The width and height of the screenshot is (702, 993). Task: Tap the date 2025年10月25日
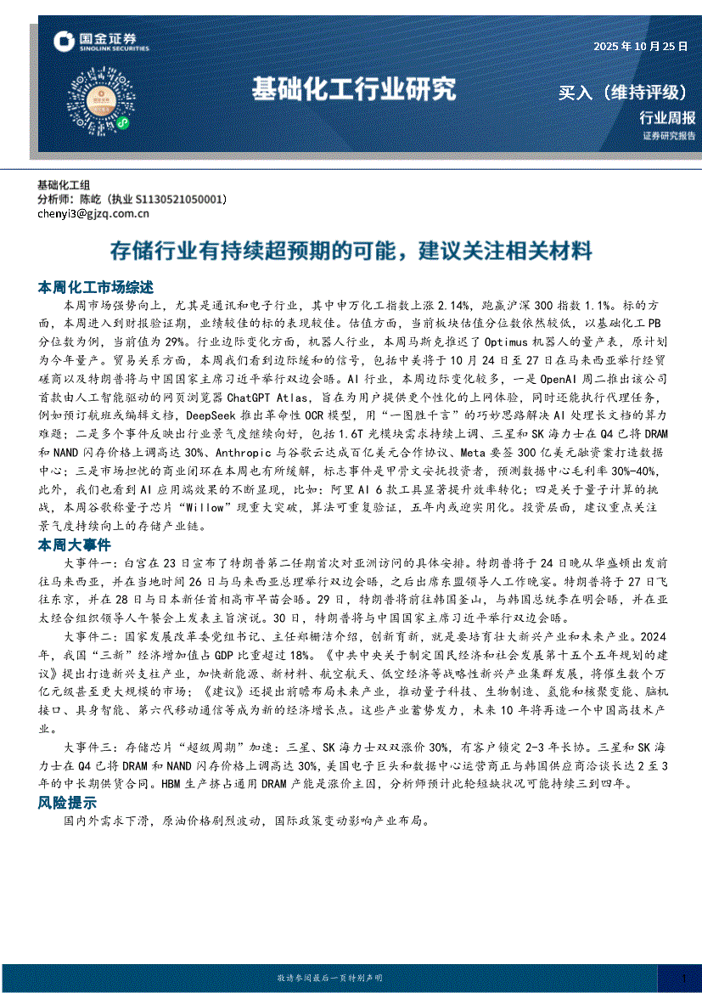coord(640,46)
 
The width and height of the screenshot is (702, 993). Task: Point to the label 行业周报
coord(667,118)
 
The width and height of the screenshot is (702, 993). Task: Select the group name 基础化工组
coord(64,185)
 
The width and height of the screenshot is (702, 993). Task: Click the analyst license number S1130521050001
coord(182,200)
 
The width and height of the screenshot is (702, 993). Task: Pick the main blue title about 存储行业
coord(351,251)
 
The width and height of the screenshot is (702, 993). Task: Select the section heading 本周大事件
coord(72,544)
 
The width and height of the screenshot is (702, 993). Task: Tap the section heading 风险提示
coord(67,803)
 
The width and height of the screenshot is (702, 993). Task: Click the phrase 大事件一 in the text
coord(91,563)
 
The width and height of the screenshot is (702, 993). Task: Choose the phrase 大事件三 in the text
coord(91,748)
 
